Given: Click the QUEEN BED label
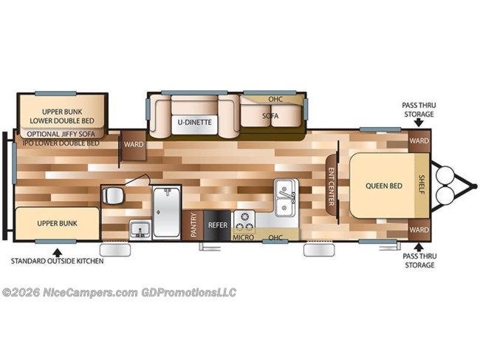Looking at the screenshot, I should point(383,186).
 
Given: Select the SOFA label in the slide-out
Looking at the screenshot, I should point(270,116).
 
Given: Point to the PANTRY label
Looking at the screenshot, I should point(193,224).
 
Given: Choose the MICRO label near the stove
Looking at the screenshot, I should point(244,237).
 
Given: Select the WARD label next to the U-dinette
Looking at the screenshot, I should point(134,144).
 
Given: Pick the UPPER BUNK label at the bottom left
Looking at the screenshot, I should point(58,223).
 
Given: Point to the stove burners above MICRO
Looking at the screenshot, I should point(244,220).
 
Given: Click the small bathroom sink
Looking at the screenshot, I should point(138,228).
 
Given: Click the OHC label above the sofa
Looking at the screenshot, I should point(275,99).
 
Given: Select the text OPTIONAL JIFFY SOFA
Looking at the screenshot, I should point(61,134).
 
